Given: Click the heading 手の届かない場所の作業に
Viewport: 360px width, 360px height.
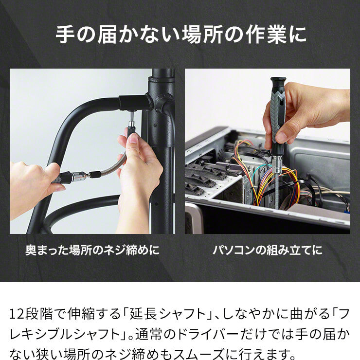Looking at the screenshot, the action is coord(181,35).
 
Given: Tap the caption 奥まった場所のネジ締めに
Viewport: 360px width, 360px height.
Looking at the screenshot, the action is coord(92,250).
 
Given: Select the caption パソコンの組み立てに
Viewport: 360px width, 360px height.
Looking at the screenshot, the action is coord(268,250).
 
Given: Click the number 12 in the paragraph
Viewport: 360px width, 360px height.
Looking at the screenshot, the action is coord(17,314).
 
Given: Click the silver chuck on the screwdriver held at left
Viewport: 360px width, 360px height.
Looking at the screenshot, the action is coord(79,177).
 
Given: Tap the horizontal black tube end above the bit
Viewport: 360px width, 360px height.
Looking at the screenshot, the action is coord(134,103).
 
